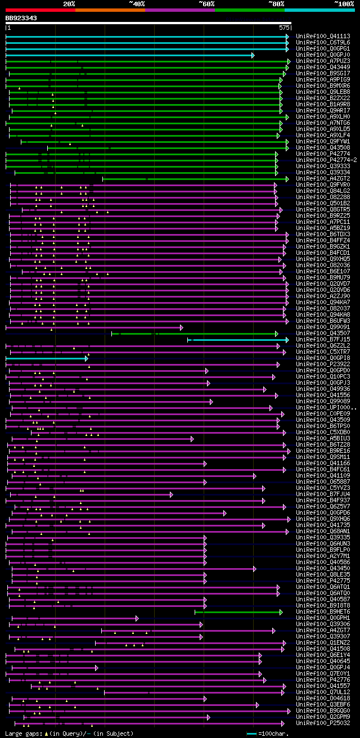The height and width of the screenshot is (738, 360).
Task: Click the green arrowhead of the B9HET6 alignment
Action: (x=281, y=612)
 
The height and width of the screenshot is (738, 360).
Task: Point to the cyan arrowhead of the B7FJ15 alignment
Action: (x=287, y=340)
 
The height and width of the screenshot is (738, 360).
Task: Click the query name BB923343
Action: (x=21, y=18)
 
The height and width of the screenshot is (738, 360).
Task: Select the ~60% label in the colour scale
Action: (x=206, y=4)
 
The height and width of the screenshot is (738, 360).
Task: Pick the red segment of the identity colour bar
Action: (x=40, y=10)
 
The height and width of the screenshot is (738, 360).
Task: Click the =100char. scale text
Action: (x=277, y=733)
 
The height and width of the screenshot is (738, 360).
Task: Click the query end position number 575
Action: (x=283, y=27)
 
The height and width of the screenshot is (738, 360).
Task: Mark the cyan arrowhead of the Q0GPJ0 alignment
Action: (x=253, y=55)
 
